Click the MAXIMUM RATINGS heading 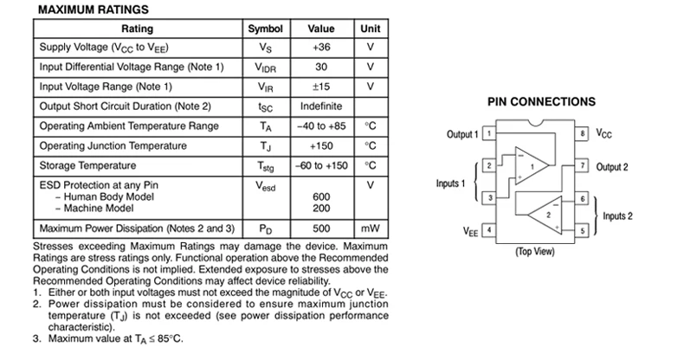[94, 10]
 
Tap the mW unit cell [371, 229]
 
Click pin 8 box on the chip [584, 134]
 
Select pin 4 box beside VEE [489, 230]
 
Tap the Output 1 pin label [461, 135]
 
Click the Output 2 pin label [612, 166]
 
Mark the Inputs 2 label [618, 215]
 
